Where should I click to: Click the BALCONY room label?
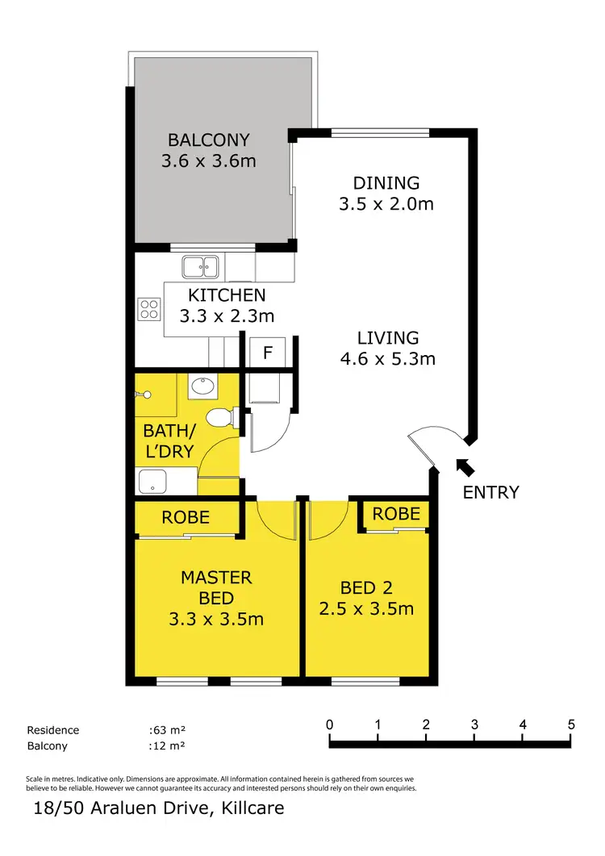click(x=209, y=140)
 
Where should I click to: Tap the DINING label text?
click(x=386, y=182)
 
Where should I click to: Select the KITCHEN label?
click(x=227, y=295)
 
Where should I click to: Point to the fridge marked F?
click(x=267, y=353)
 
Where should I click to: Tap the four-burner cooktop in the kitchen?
click(x=149, y=309)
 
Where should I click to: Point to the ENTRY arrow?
click(x=465, y=466)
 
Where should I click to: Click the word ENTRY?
click(x=490, y=492)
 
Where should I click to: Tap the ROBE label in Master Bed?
click(x=186, y=517)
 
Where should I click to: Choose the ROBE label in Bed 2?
click(x=396, y=513)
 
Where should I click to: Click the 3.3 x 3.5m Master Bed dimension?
click(x=216, y=620)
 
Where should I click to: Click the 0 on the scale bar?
click(x=329, y=724)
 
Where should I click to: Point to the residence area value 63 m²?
click(x=167, y=730)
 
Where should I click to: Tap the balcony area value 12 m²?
click(x=167, y=746)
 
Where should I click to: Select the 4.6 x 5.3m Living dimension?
click(x=387, y=358)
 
